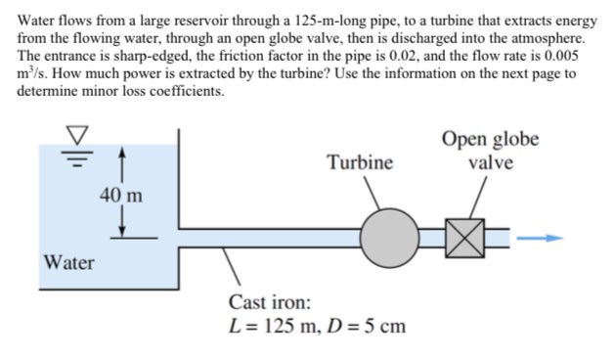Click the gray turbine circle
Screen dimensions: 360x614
click(x=389, y=237)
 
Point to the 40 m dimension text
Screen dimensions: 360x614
click(x=120, y=194)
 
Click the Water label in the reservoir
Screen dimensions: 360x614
click(x=69, y=262)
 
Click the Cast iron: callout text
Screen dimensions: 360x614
click(x=270, y=301)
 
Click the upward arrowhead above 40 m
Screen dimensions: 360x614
click(x=120, y=153)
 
